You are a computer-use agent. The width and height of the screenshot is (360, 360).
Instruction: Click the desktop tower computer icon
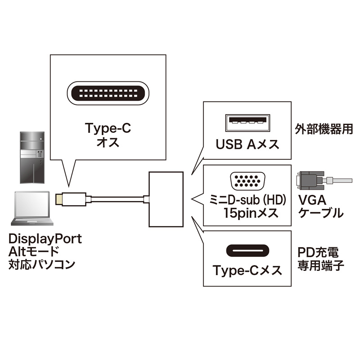click(32, 157)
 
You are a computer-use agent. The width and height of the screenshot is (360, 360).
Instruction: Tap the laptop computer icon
click(32, 208)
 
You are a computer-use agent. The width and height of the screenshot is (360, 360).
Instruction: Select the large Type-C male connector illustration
click(108, 94)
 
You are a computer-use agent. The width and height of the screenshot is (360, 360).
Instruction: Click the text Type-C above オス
click(108, 128)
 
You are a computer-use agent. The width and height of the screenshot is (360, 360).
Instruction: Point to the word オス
click(108, 142)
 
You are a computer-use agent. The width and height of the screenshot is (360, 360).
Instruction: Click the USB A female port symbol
click(247, 123)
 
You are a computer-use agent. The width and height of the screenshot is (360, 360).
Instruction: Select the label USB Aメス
click(247, 144)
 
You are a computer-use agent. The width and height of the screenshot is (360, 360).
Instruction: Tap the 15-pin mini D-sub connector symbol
click(247, 181)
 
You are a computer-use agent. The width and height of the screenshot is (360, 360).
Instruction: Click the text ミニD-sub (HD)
click(247, 200)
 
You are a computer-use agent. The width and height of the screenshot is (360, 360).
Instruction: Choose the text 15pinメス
click(251, 213)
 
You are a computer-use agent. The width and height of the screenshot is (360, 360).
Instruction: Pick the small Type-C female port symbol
click(247, 251)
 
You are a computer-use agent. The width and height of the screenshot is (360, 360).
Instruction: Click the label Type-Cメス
click(247, 270)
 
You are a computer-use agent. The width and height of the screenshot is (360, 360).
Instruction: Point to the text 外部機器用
click(324, 129)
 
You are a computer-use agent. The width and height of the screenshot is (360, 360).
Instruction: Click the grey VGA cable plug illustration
click(324, 180)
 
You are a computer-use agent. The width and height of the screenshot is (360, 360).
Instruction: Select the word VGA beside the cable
click(312, 200)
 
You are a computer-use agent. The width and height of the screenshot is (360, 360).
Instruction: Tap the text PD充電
click(318, 252)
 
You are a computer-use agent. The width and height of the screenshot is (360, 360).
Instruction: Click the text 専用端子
click(321, 265)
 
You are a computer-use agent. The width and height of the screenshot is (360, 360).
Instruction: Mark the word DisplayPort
click(45, 239)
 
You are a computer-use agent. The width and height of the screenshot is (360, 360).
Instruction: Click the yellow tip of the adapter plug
click(59, 199)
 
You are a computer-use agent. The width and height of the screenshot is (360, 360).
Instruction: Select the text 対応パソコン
click(42, 264)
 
